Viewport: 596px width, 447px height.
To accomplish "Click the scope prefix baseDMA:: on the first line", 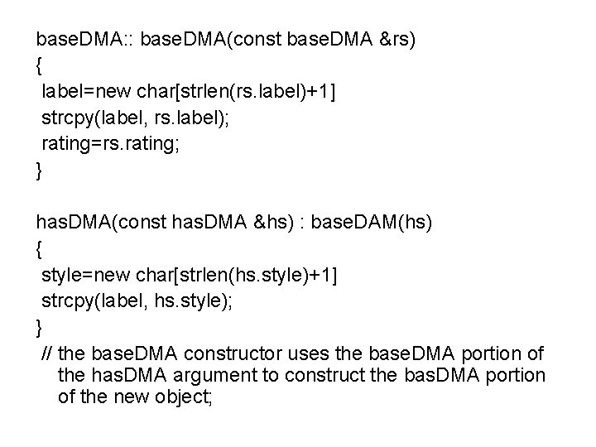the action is [84, 39].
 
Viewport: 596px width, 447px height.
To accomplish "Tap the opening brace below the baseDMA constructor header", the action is [38, 65].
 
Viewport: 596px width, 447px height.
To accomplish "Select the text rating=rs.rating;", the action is [110, 144].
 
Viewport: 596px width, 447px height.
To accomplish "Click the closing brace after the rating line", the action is [38, 171].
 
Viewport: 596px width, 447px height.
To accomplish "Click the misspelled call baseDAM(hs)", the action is [372, 223].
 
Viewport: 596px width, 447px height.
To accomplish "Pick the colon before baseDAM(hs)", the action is [303, 224].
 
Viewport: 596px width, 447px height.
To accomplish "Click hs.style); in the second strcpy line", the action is [193, 301].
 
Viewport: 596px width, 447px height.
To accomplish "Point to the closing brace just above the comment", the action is [38, 328].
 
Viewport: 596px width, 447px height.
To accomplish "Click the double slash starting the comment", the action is [46, 353].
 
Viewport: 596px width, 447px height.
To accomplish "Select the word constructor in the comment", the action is [233, 353].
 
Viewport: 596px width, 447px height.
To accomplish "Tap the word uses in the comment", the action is [308, 354].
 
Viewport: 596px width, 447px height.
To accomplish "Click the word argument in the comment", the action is [214, 376].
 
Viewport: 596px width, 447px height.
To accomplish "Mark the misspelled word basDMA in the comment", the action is [442, 375].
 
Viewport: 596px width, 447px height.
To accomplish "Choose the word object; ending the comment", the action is [183, 397].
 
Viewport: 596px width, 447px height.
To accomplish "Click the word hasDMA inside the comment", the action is [129, 375].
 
